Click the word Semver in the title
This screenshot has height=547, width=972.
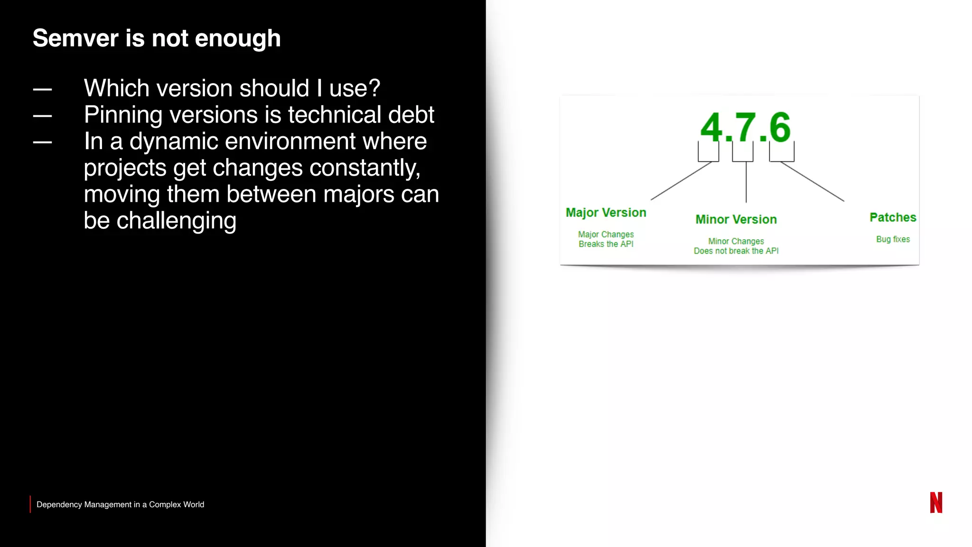tap(75, 38)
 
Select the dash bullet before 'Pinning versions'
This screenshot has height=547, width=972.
tap(42, 115)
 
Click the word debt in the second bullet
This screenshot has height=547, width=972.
tap(411, 114)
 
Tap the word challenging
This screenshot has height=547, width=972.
tap(176, 221)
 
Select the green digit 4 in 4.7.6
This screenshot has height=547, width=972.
tap(711, 128)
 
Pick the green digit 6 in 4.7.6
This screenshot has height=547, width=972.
tap(780, 127)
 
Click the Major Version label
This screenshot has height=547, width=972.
tap(606, 213)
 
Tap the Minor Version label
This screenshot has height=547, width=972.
tap(736, 219)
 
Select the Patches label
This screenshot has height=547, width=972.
tap(892, 217)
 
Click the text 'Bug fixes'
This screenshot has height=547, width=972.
tap(892, 239)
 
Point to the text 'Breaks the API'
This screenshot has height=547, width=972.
tap(606, 244)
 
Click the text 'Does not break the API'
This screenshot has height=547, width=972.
tap(736, 251)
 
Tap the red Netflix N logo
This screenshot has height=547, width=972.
tap(935, 502)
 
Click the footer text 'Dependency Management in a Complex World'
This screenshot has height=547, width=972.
tap(120, 505)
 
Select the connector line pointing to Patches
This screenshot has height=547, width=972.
tap(813, 182)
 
